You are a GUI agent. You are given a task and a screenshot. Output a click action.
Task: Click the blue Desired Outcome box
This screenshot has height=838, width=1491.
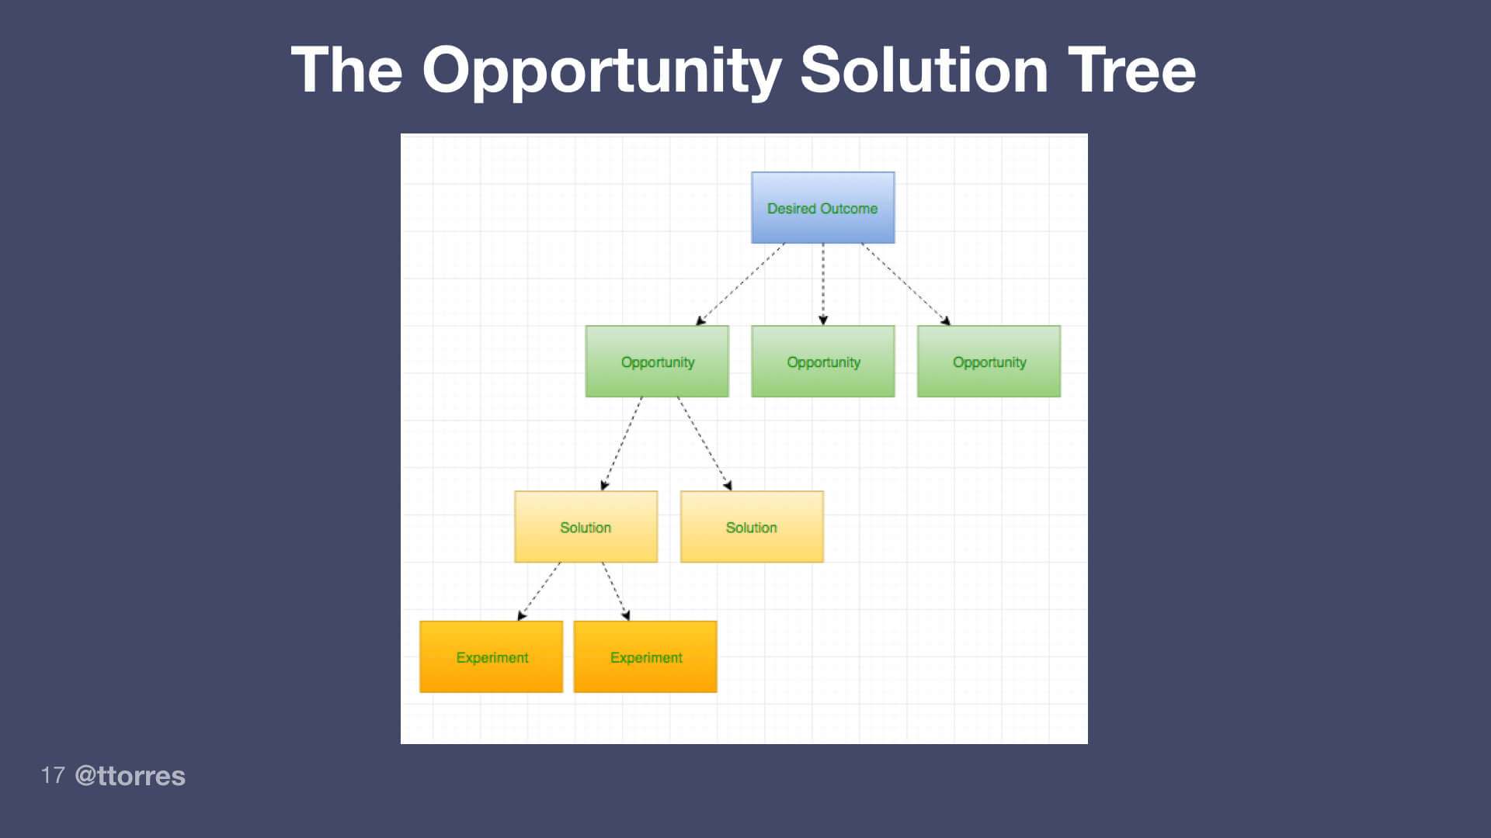pyautogui.click(x=822, y=208)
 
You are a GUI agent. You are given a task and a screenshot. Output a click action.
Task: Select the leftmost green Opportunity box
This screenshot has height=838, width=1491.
pyautogui.click(x=657, y=362)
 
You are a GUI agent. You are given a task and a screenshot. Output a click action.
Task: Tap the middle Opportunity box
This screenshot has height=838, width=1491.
pyautogui.click(x=822, y=362)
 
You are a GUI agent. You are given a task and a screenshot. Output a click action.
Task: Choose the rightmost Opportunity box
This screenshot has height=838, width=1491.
pyautogui.click(x=989, y=362)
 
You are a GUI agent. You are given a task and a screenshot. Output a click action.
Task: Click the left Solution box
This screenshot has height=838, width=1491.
pyautogui.click(x=586, y=527)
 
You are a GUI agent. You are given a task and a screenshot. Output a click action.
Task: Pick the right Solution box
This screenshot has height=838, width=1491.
pyautogui.click(x=751, y=527)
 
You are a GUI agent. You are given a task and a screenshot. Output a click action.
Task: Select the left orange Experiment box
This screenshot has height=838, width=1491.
pyautogui.click(x=491, y=657)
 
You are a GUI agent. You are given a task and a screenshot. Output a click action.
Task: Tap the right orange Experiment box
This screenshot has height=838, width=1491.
pyautogui.click(x=645, y=657)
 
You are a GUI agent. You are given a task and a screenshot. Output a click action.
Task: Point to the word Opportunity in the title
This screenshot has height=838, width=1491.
pyautogui.click(x=601, y=70)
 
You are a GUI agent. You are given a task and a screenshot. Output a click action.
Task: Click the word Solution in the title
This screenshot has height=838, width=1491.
pyautogui.click(x=923, y=70)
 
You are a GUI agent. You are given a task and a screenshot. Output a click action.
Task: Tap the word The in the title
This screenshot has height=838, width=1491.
pyautogui.click(x=346, y=70)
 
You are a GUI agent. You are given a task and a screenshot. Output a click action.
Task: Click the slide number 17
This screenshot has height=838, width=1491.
pyautogui.click(x=52, y=775)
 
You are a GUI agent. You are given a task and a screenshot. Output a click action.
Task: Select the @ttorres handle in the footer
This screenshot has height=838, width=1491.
pyautogui.click(x=130, y=775)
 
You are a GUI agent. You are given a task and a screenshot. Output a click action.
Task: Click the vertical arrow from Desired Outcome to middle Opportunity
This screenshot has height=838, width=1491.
pyautogui.click(x=823, y=283)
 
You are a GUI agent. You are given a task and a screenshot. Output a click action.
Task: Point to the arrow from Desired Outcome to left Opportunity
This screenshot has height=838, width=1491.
pyautogui.click(x=740, y=284)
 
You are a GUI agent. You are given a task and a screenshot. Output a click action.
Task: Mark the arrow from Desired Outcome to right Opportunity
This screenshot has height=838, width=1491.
pyautogui.click(x=905, y=284)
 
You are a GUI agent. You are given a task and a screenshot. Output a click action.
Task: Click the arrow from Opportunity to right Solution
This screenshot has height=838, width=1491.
pyautogui.click(x=704, y=444)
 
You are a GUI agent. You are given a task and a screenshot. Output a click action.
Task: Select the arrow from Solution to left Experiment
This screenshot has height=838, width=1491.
pyautogui.click(x=539, y=591)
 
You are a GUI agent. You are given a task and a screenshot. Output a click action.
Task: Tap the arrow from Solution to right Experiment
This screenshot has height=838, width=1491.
pyautogui.click(x=616, y=591)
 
